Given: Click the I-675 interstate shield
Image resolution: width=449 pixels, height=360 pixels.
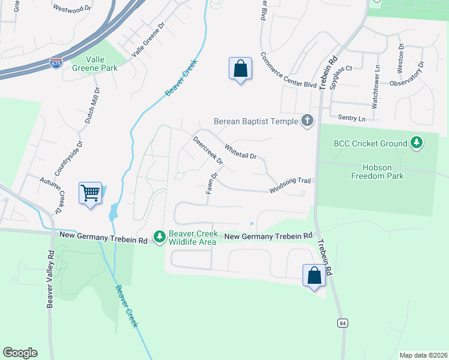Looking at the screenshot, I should pyautogui.click(x=56, y=62).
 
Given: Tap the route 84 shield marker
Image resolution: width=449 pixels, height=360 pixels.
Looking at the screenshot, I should pyautogui.click(x=343, y=323).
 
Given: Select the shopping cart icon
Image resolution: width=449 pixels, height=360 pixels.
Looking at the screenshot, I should pyautogui.click(x=90, y=194).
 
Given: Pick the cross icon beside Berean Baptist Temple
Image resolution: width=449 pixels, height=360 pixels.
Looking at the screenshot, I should pyautogui.click(x=307, y=121).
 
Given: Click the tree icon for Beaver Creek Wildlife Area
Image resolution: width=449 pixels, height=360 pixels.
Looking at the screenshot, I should pyautogui.click(x=160, y=238).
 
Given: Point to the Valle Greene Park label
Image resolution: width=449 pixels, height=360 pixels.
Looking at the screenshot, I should pyautogui.click(x=94, y=64).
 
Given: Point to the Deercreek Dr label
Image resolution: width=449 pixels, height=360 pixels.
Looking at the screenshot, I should pyautogui.click(x=208, y=151).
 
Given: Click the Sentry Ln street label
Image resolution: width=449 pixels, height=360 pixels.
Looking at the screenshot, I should pyautogui.click(x=352, y=119).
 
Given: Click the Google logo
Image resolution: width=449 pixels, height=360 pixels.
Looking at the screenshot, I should pyautogui.click(x=20, y=353).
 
